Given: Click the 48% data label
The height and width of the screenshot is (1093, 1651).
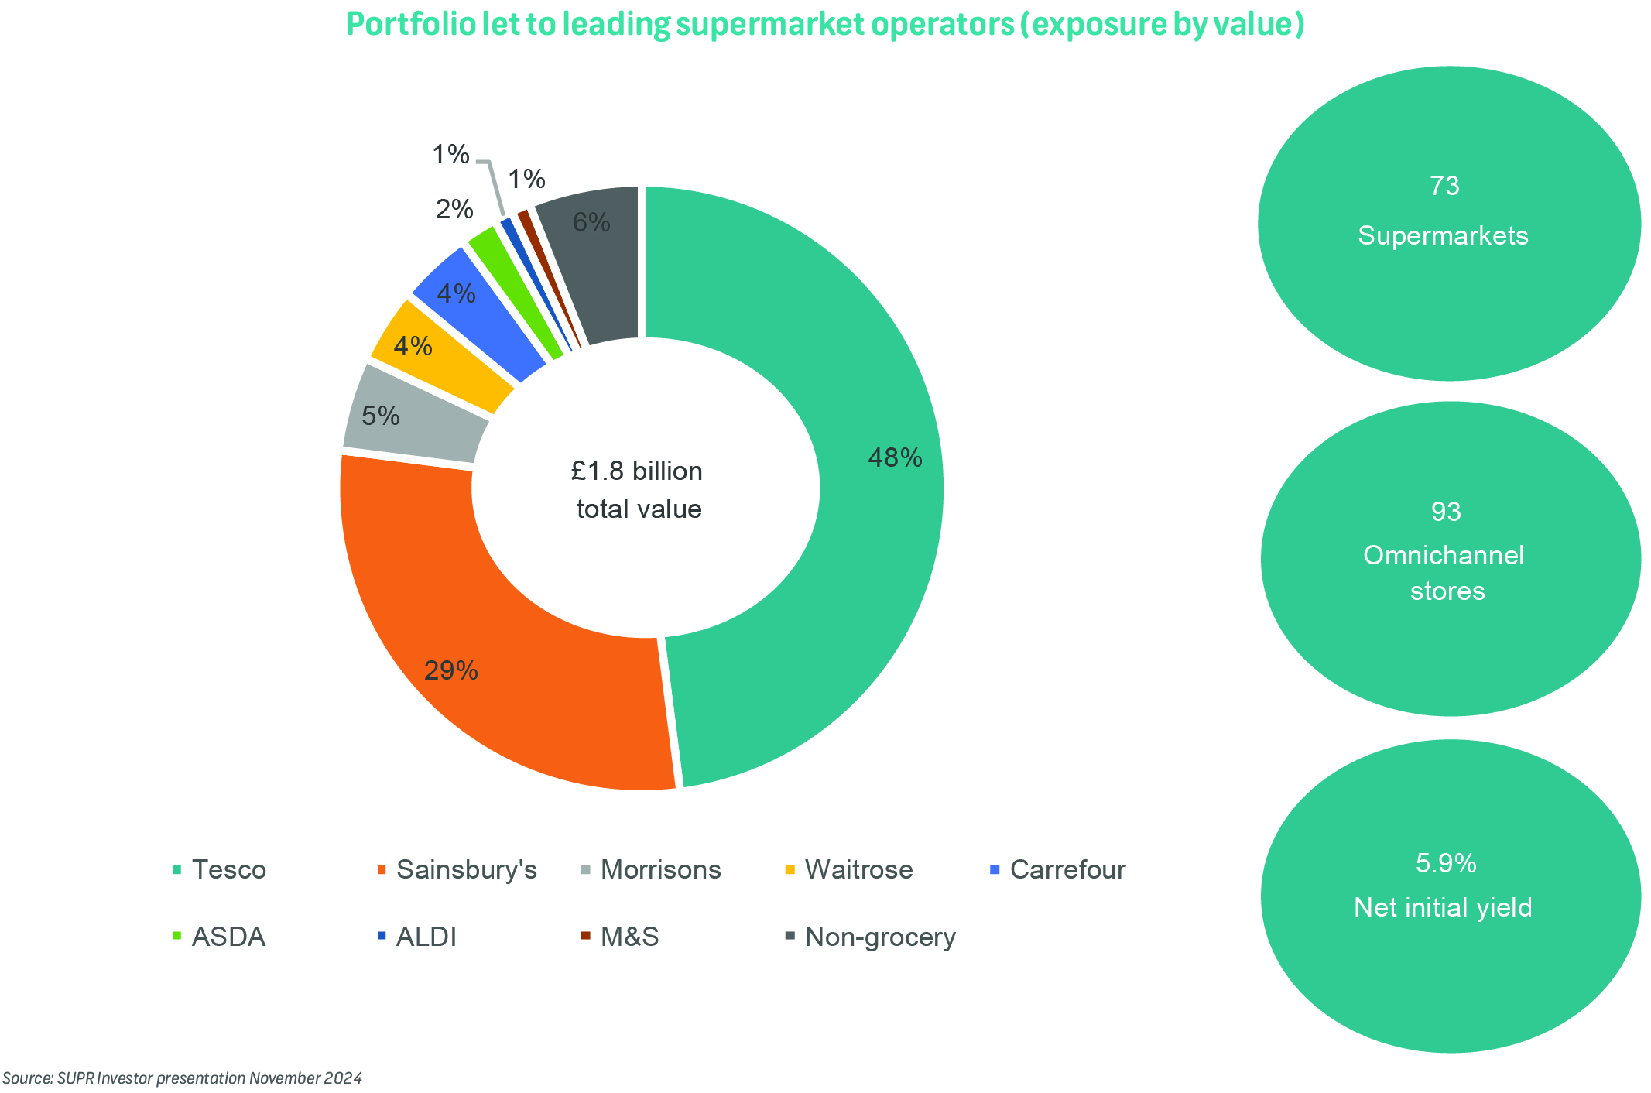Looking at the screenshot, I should [x=895, y=458].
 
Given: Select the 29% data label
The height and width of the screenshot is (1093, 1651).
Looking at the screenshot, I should [x=450, y=670].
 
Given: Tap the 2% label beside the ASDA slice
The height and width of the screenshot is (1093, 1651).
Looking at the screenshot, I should [x=454, y=209].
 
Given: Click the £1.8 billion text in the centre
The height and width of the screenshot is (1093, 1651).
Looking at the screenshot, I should [x=637, y=471].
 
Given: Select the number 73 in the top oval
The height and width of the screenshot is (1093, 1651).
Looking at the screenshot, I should [x=1444, y=187].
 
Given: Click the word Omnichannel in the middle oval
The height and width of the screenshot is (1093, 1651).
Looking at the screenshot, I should [x=1444, y=555].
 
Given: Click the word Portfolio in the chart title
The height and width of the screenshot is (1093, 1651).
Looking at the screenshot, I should [x=410, y=25].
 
